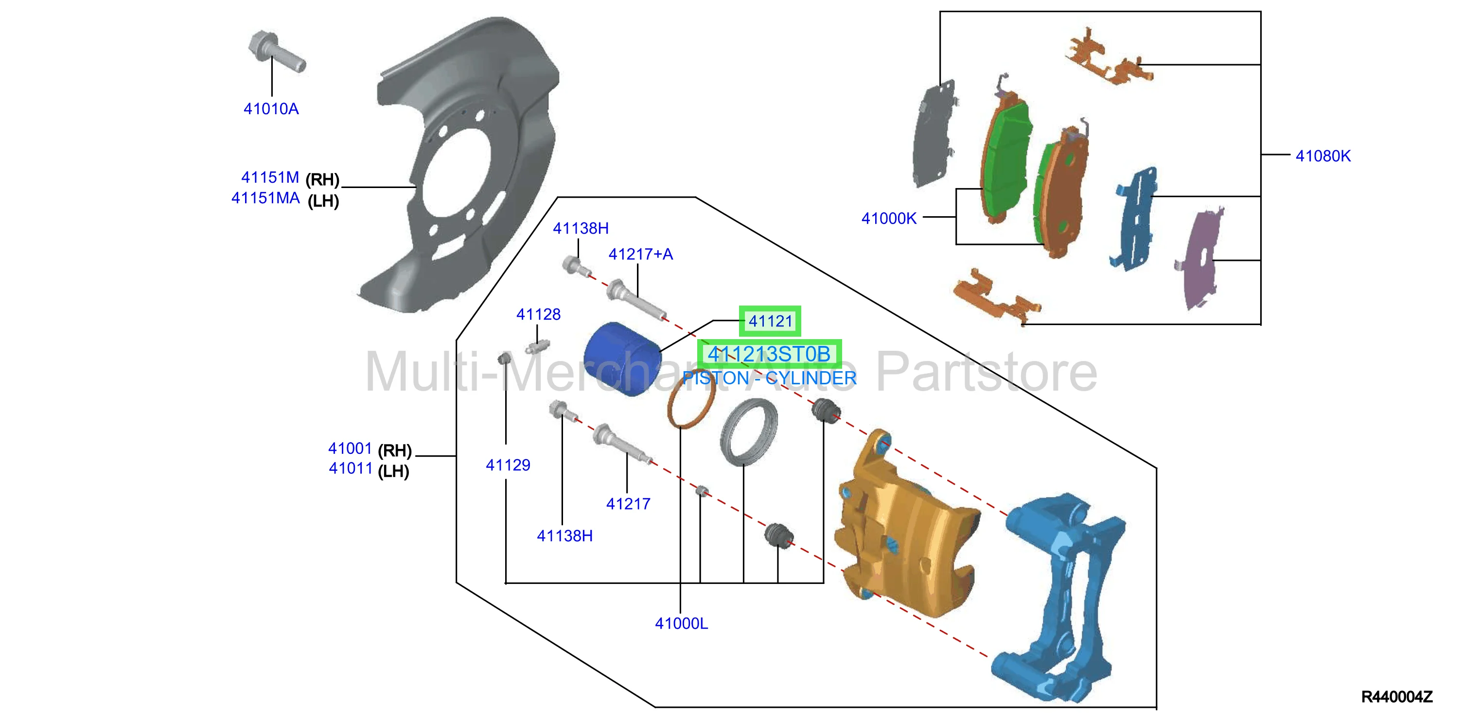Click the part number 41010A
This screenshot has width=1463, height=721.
pyautogui.click(x=271, y=108)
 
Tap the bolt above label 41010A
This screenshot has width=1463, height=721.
pyautogui.click(x=277, y=51)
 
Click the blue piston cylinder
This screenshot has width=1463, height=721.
pyautogui.click(x=622, y=358)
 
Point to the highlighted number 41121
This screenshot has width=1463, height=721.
pyautogui.click(x=770, y=321)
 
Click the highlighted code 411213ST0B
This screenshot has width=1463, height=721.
pyautogui.click(x=769, y=354)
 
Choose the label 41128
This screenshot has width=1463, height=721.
pyautogui.click(x=538, y=314)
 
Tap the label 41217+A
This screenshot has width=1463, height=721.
pyautogui.click(x=641, y=254)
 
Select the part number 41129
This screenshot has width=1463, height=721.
pyautogui.click(x=508, y=465)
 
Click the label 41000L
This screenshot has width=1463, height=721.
pyautogui.click(x=682, y=624)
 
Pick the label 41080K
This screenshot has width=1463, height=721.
pyautogui.click(x=1322, y=156)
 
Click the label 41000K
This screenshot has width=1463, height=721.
pyautogui.click(x=889, y=219)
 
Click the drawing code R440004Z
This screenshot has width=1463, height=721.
pyautogui.click(x=1396, y=697)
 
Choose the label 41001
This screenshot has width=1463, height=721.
pyautogui.click(x=350, y=448)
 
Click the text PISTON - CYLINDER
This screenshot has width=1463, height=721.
pyautogui.click(x=769, y=378)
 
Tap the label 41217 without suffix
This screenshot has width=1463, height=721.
pyautogui.click(x=628, y=504)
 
